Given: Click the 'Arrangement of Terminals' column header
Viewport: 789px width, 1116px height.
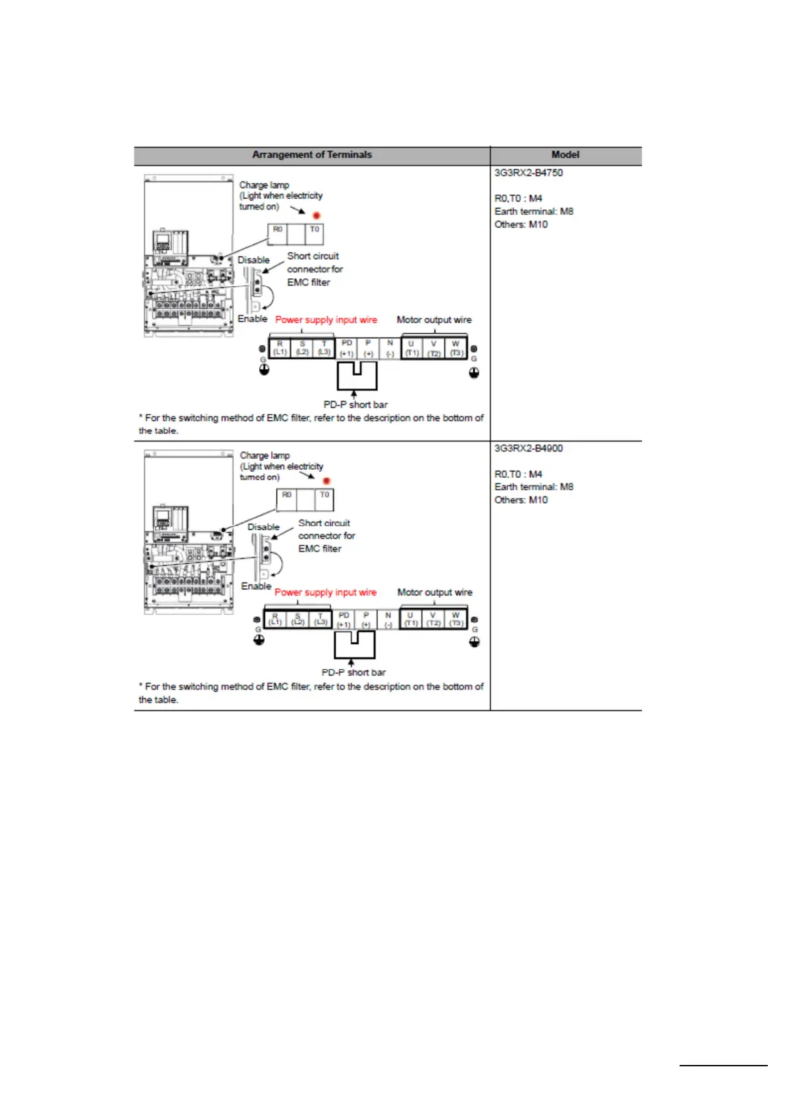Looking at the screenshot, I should [312, 155].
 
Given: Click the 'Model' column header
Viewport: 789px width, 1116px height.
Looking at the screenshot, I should [565, 155].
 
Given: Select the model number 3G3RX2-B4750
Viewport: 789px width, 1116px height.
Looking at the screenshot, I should [528, 173].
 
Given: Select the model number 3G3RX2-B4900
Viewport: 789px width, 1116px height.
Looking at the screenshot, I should [528, 449].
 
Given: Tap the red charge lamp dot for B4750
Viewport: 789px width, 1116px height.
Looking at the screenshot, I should [316, 215].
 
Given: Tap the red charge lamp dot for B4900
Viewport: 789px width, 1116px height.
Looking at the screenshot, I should [326, 480].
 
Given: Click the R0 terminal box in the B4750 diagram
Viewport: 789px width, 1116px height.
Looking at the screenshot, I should [278, 234].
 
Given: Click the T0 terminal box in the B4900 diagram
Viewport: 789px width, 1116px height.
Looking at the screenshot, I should [324, 500].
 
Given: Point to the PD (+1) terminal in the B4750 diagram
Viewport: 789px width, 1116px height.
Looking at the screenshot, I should [346, 349].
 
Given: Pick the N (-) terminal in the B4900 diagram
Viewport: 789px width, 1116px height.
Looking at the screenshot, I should [388, 620].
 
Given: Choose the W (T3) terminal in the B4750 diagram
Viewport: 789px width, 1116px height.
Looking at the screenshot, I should [455, 349].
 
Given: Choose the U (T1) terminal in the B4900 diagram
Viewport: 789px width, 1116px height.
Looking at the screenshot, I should [410, 620].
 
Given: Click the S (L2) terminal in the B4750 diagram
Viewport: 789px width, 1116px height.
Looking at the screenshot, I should [302, 349].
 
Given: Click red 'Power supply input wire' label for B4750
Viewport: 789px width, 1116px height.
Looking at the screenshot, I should [326, 320].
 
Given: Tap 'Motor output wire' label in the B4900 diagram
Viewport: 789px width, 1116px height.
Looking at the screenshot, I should [435, 592].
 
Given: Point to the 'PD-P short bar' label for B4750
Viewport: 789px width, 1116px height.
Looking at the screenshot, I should [355, 404].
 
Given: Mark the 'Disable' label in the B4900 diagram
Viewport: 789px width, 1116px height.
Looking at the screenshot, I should [263, 528].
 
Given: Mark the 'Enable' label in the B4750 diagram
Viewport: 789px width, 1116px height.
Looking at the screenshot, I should [253, 319].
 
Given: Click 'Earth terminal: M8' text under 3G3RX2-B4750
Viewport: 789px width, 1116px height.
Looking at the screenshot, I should [534, 211].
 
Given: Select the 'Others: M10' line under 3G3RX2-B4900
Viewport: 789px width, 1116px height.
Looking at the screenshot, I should [521, 500].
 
